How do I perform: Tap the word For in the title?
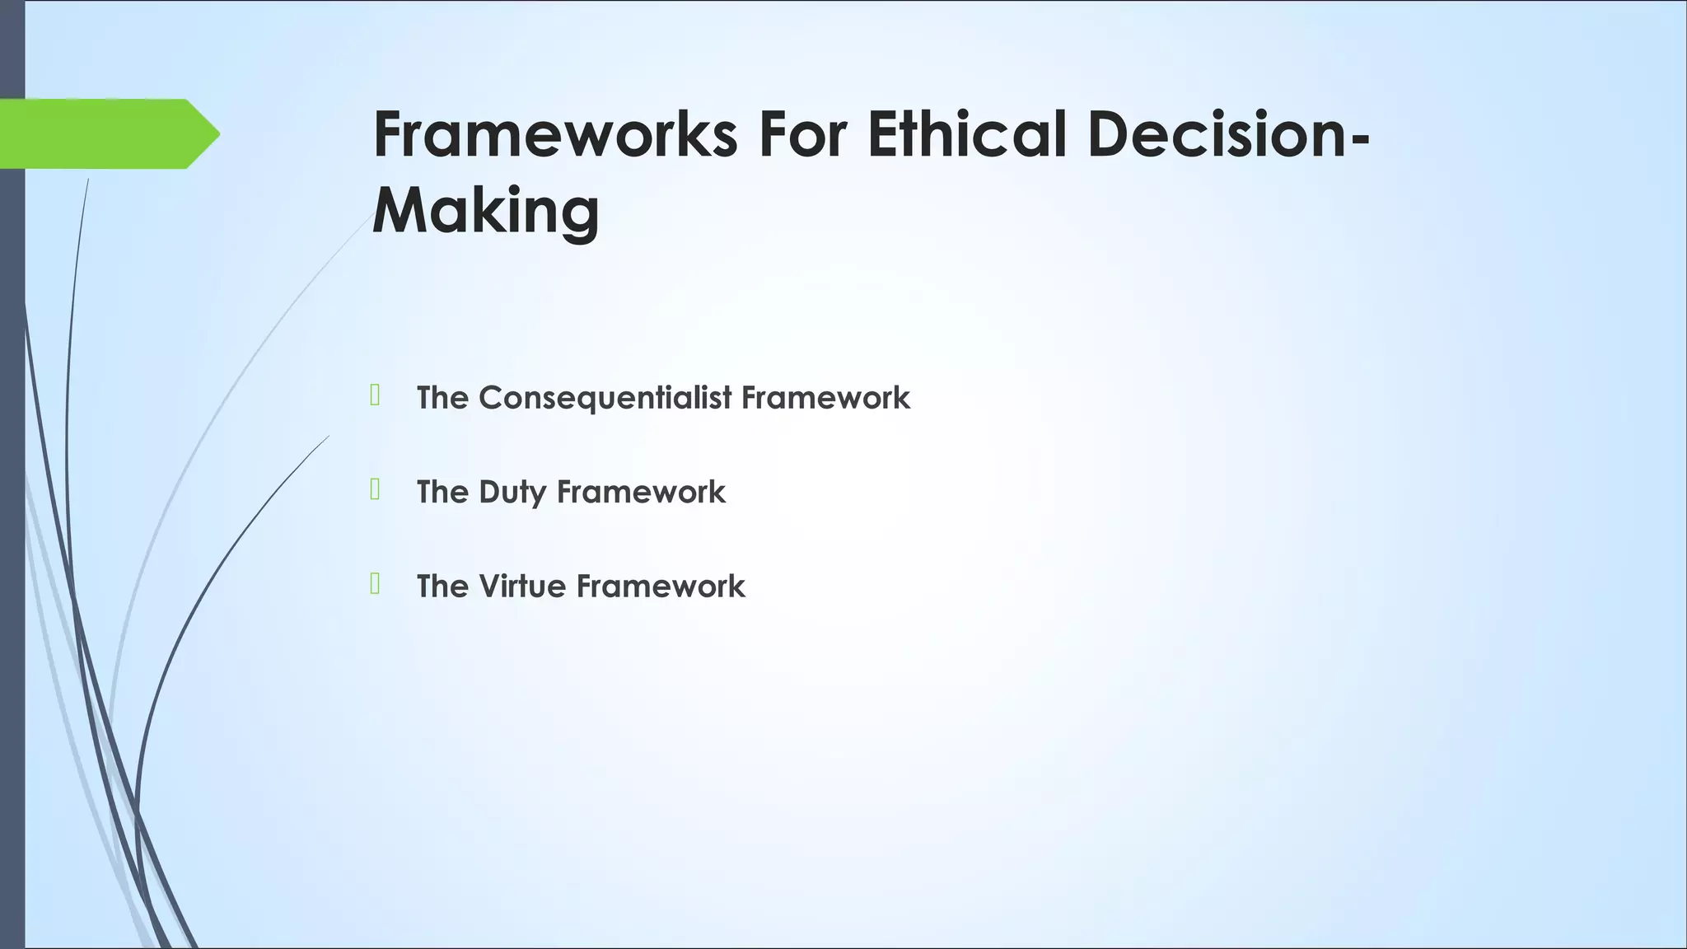803,134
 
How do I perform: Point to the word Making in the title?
486,211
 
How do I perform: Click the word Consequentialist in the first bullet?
605,398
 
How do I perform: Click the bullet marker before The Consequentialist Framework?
375,395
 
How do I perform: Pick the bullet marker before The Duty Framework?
375,490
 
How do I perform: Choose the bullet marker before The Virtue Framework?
375,584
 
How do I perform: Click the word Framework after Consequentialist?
825,398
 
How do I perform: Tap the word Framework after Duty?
641,492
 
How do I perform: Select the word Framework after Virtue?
661,587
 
